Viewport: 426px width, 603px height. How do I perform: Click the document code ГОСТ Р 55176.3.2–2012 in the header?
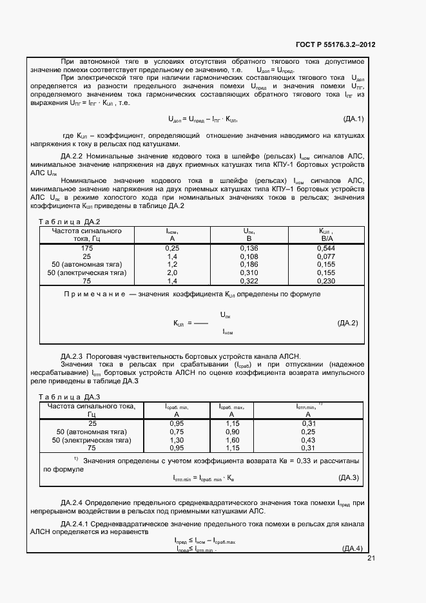[x=335, y=45]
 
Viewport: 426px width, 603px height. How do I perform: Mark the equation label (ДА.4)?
[x=352, y=548]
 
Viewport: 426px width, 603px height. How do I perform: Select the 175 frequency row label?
[x=87, y=247]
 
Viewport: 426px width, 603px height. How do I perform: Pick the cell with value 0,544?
[x=327, y=247]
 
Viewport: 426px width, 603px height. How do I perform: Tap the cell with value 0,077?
[x=327, y=256]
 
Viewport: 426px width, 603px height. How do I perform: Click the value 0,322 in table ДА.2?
[x=249, y=281]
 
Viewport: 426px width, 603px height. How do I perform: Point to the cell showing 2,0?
[x=172, y=273]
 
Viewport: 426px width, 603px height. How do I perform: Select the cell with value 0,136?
[x=249, y=247]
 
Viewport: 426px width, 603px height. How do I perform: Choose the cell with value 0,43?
[x=308, y=439]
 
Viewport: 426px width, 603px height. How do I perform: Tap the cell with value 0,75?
[x=175, y=431]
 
